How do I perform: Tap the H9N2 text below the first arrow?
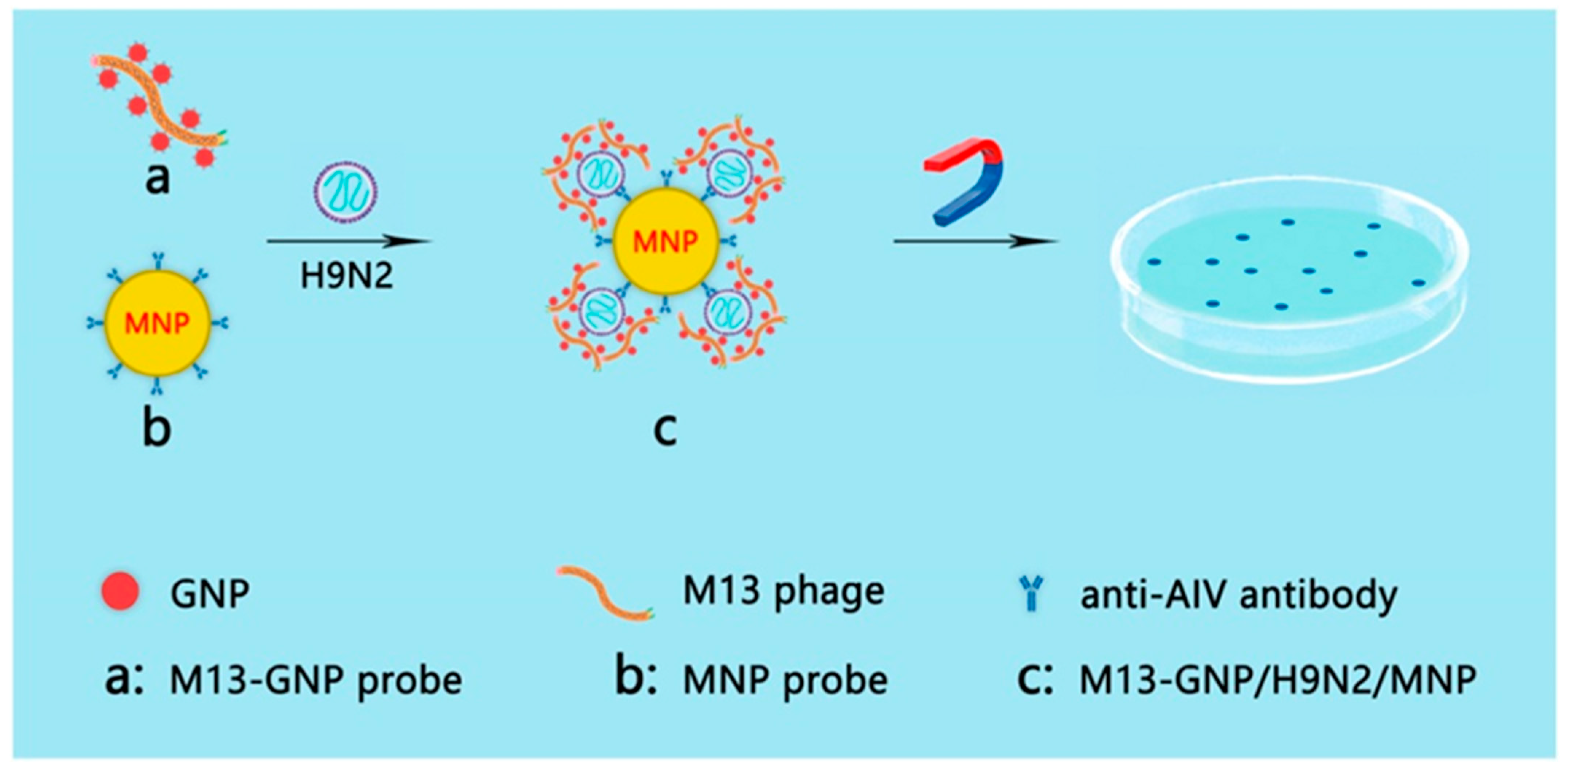click(347, 275)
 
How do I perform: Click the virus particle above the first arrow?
click(345, 192)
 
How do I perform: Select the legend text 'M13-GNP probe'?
click(316, 680)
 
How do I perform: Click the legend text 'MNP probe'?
click(785, 680)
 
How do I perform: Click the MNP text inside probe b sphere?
click(157, 323)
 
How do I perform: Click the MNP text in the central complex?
click(665, 242)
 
